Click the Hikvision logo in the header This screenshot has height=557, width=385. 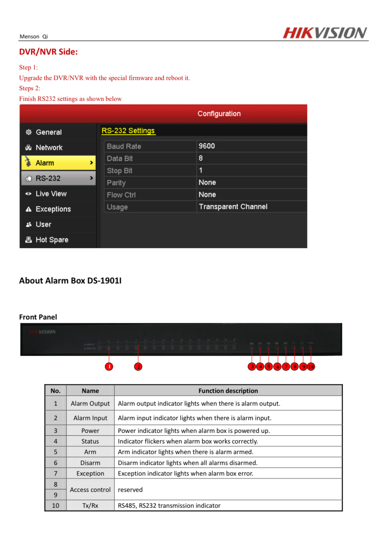click(x=325, y=33)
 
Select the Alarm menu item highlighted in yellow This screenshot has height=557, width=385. click(x=58, y=163)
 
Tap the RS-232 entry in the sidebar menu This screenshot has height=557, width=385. click(x=58, y=178)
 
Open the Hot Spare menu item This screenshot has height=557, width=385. click(x=52, y=240)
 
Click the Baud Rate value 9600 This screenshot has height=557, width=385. click(x=207, y=146)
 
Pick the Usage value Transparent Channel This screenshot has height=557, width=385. click(x=233, y=207)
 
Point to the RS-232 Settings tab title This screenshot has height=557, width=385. click(x=128, y=131)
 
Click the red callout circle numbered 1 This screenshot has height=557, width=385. click(x=109, y=367)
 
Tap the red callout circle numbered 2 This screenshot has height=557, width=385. click(x=138, y=367)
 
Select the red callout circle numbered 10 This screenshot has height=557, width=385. click(x=311, y=367)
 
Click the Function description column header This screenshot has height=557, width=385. click(x=228, y=391)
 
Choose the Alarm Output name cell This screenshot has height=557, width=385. click(x=90, y=403)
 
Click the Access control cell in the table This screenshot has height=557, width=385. click(x=90, y=490)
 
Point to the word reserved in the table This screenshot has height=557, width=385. click(x=130, y=490)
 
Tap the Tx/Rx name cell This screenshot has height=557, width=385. click(x=90, y=505)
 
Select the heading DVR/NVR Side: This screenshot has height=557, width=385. click(x=48, y=52)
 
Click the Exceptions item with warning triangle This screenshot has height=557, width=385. click(x=53, y=209)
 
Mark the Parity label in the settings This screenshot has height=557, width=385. click(x=116, y=183)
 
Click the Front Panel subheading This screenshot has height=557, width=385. click(x=38, y=317)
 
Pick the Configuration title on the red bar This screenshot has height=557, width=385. click(x=219, y=114)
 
